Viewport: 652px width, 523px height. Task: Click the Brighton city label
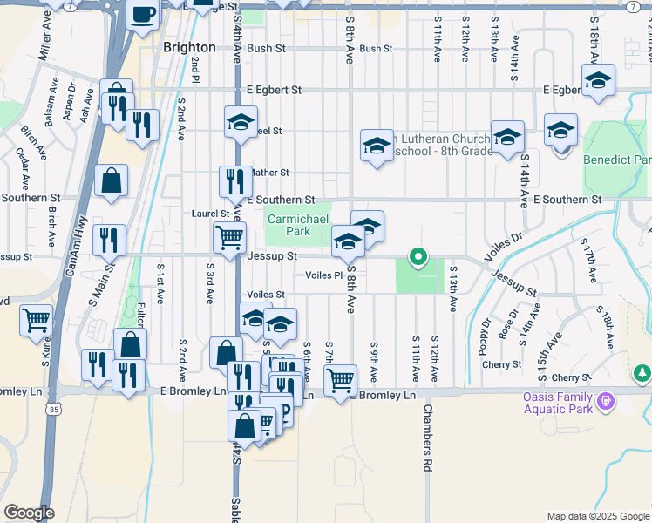click(189, 47)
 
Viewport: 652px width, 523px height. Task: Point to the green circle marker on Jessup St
click(418, 256)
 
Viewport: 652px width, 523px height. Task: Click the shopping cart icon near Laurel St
click(229, 237)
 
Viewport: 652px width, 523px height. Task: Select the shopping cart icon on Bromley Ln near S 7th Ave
click(340, 379)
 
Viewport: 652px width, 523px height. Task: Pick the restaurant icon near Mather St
click(234, 181)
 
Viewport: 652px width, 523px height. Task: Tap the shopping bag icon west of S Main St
click(112, 180)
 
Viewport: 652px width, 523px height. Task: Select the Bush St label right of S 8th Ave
click(376, 49)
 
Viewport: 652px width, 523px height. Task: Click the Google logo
click(29, 513)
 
